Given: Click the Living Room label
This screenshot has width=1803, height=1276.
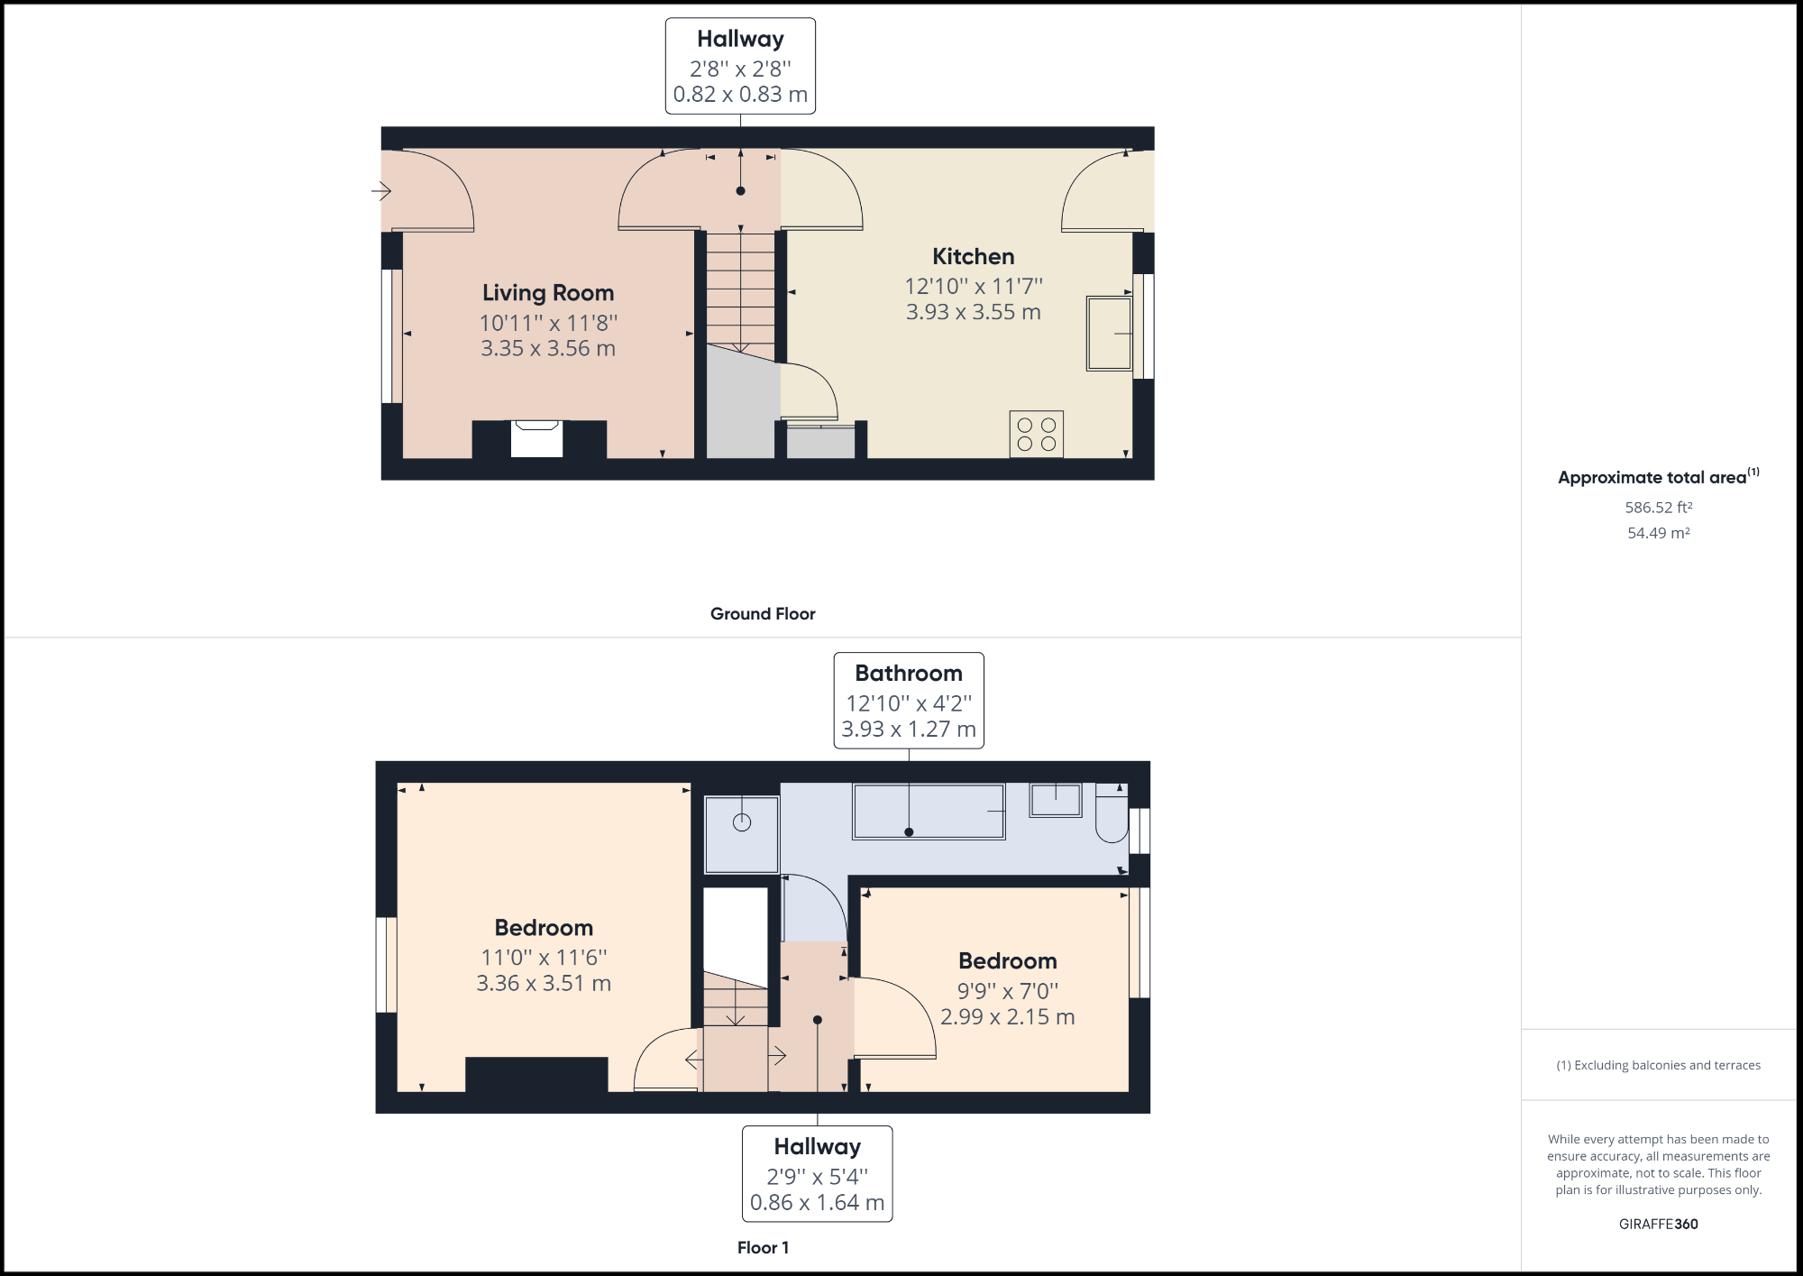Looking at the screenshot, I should [548, 293].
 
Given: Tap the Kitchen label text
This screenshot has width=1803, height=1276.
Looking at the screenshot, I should [973, 257].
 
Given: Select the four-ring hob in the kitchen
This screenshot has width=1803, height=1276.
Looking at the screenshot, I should [1036, 434].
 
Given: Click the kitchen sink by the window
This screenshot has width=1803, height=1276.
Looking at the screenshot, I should [1109, 333].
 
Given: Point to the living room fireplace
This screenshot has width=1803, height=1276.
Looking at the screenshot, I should [537, 438].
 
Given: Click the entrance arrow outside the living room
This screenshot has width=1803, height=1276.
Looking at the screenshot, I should [381, 191].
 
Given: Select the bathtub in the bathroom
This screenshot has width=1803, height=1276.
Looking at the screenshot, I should [929, 812].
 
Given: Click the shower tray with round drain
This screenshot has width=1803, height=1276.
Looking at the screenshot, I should [741, 834].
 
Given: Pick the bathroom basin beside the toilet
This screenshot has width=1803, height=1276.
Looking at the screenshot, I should [1056, 800].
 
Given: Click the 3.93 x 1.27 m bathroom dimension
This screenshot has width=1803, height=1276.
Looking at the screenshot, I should [909, 730].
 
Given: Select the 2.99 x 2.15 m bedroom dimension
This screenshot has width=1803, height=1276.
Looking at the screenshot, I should [1007, 1017].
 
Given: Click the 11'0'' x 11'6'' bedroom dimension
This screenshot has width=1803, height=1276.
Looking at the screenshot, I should [544, 958].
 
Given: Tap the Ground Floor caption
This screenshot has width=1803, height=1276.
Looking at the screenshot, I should [763, 614].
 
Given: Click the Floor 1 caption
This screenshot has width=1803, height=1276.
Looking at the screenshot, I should [763, 1248].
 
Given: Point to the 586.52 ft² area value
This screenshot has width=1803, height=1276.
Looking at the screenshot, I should [1658, 508].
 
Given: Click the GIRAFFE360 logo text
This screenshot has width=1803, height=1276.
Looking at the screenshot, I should [1658, 1225].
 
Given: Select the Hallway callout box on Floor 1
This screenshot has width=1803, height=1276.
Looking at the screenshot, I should [817, 1173].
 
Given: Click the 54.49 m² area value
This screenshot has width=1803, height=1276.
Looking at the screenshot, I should [1658, 533].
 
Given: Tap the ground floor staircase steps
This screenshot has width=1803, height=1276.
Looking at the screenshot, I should [740, 293].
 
